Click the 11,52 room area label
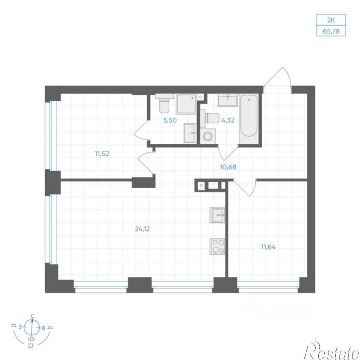[102, 153]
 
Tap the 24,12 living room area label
[143, 229]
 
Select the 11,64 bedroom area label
[268, 247]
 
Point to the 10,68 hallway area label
[228, 167]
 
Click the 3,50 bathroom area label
[170, 120]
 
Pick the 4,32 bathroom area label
[228, 120]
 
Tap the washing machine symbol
[208, 137]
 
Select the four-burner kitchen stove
[217, 246]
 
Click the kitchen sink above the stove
[217, 215]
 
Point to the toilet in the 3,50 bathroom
[164, 103]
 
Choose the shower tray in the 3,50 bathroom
[186, 104]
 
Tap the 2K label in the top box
[331, 20]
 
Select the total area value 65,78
[331, 31]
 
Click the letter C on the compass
[33, 316]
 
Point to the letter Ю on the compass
[31, 339]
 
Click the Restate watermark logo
[332, 351]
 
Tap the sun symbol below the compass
[30, 346]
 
